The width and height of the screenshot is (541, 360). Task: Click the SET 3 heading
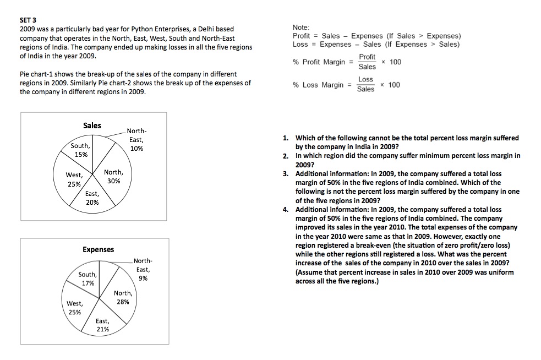(x=28, y=21)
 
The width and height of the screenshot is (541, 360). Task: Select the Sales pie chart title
(x=92, y=126)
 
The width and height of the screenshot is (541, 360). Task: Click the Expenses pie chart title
(x=98, y=249)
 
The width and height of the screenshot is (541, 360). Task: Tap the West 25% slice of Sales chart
(x=74, y=179)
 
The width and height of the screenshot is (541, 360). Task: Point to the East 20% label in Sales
(x=92, y=198)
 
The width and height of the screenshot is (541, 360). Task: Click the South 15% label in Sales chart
(x=80, y=150)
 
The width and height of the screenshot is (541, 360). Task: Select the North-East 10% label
(x=136, y=140)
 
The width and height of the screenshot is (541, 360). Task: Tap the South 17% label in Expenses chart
(x=88, y=279)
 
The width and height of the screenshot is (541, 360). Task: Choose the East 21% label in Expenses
(x=102, y=325)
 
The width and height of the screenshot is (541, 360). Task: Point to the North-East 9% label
(x=143, y=269)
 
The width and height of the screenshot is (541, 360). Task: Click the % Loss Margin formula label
(x=320, y=85)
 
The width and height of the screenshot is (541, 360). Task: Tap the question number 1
(x=286, y=138)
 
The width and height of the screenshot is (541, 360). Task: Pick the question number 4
(x=286, y=209)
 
